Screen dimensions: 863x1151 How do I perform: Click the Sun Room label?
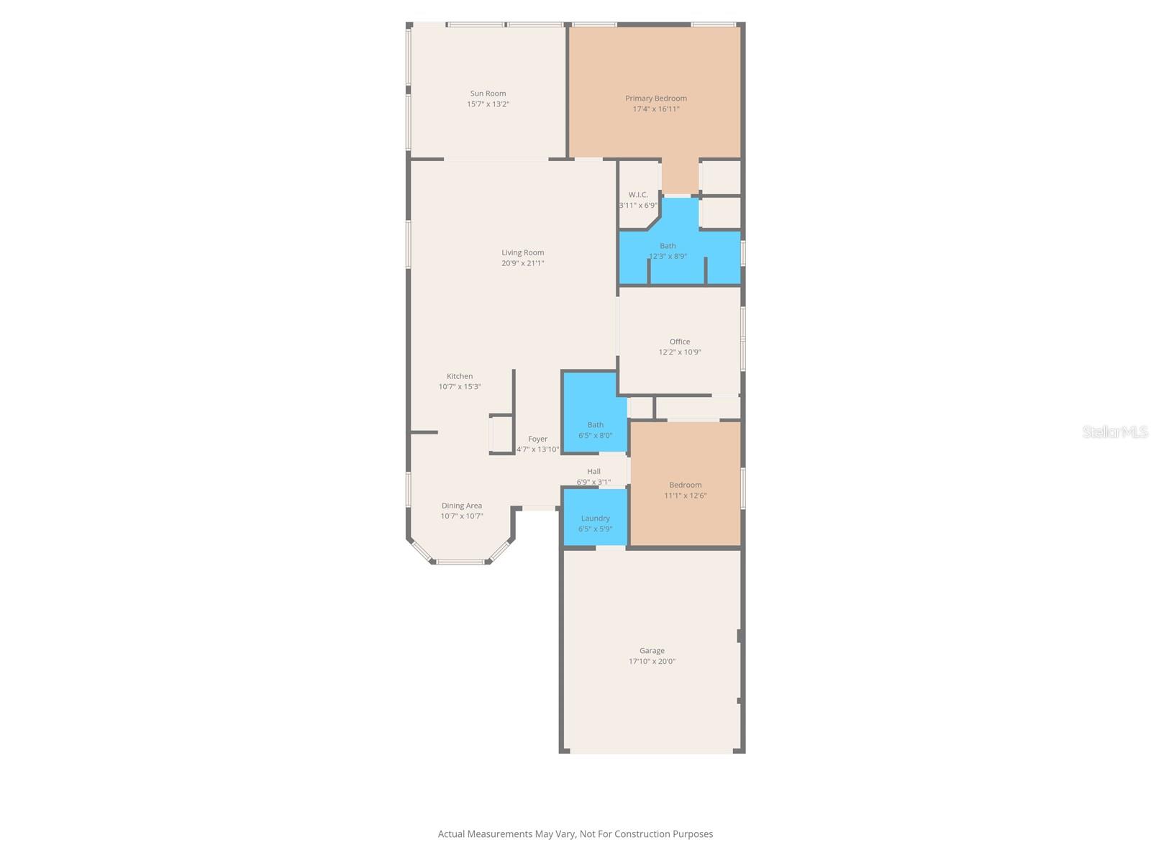(488, 93)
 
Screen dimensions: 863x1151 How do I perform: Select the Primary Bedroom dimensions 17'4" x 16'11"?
(655, 109)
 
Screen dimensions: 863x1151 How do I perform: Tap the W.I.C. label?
(638, 195)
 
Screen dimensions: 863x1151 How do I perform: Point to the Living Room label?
(522, 252)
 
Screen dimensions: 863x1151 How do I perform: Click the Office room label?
(679, 342)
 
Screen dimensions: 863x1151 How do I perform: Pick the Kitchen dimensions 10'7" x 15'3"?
(460, 387)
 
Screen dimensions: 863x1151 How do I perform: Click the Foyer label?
(537, 439)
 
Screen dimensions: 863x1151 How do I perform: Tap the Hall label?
(593, 472)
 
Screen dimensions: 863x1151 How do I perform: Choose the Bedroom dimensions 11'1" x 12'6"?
(685, 496)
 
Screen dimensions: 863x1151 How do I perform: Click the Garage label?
(652, 651)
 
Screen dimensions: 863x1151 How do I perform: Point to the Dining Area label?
(461, 506)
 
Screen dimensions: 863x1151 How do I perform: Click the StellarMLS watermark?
(1114, 431)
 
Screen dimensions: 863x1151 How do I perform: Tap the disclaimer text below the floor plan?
(575, 834)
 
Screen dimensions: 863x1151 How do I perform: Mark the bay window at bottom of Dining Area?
(460, 560)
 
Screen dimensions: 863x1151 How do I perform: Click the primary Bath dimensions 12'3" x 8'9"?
(668, 257)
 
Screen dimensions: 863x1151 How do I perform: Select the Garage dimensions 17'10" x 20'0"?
(652, 662)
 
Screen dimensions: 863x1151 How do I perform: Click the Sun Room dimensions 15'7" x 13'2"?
(488, 104)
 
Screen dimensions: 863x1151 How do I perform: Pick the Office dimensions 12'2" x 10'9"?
(679, 352)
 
